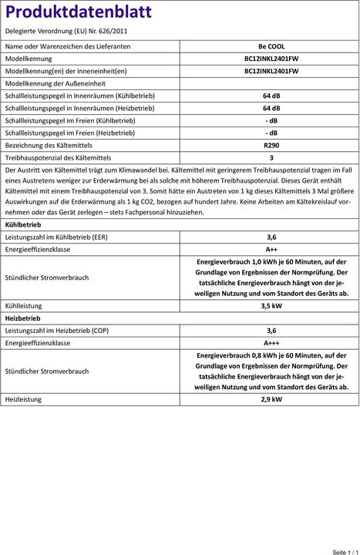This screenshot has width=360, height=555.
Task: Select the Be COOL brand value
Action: tap(271, 46)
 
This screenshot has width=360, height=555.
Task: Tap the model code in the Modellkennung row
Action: tap(271, 59)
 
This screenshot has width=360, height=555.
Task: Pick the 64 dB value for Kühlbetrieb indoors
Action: tap(271, 96)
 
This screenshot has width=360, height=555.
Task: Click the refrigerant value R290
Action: tap(271, 145)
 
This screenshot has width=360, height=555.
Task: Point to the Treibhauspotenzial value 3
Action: tap(271, 157)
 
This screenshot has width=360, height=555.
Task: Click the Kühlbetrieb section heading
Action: tap(23, 224)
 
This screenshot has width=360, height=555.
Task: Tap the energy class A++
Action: tap(271, 250)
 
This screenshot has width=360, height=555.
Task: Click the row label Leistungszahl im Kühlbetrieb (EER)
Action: tap(56, 237)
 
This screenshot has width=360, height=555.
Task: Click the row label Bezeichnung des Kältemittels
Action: tap(49, 145)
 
